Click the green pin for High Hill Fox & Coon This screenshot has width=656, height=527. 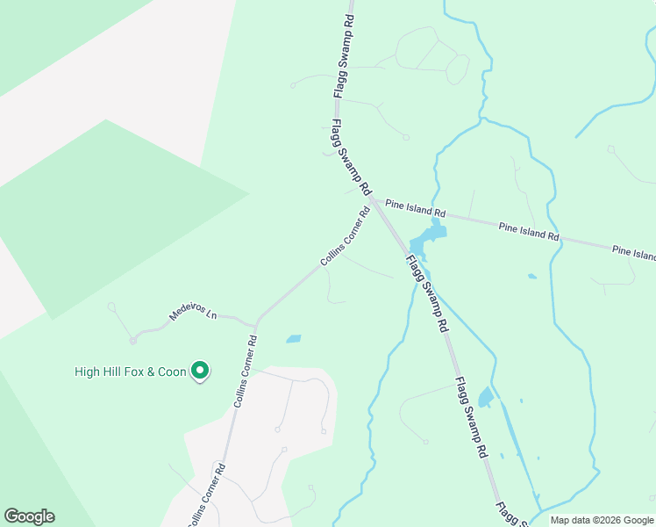point(199,372)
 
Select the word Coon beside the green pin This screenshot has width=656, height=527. point(174,372)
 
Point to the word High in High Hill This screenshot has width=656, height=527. point(88,372)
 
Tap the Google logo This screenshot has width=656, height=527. point(29,516)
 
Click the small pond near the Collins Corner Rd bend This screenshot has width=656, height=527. point(293,338)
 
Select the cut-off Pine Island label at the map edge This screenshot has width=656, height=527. point(633,253)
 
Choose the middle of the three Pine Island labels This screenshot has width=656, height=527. point(529,231)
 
